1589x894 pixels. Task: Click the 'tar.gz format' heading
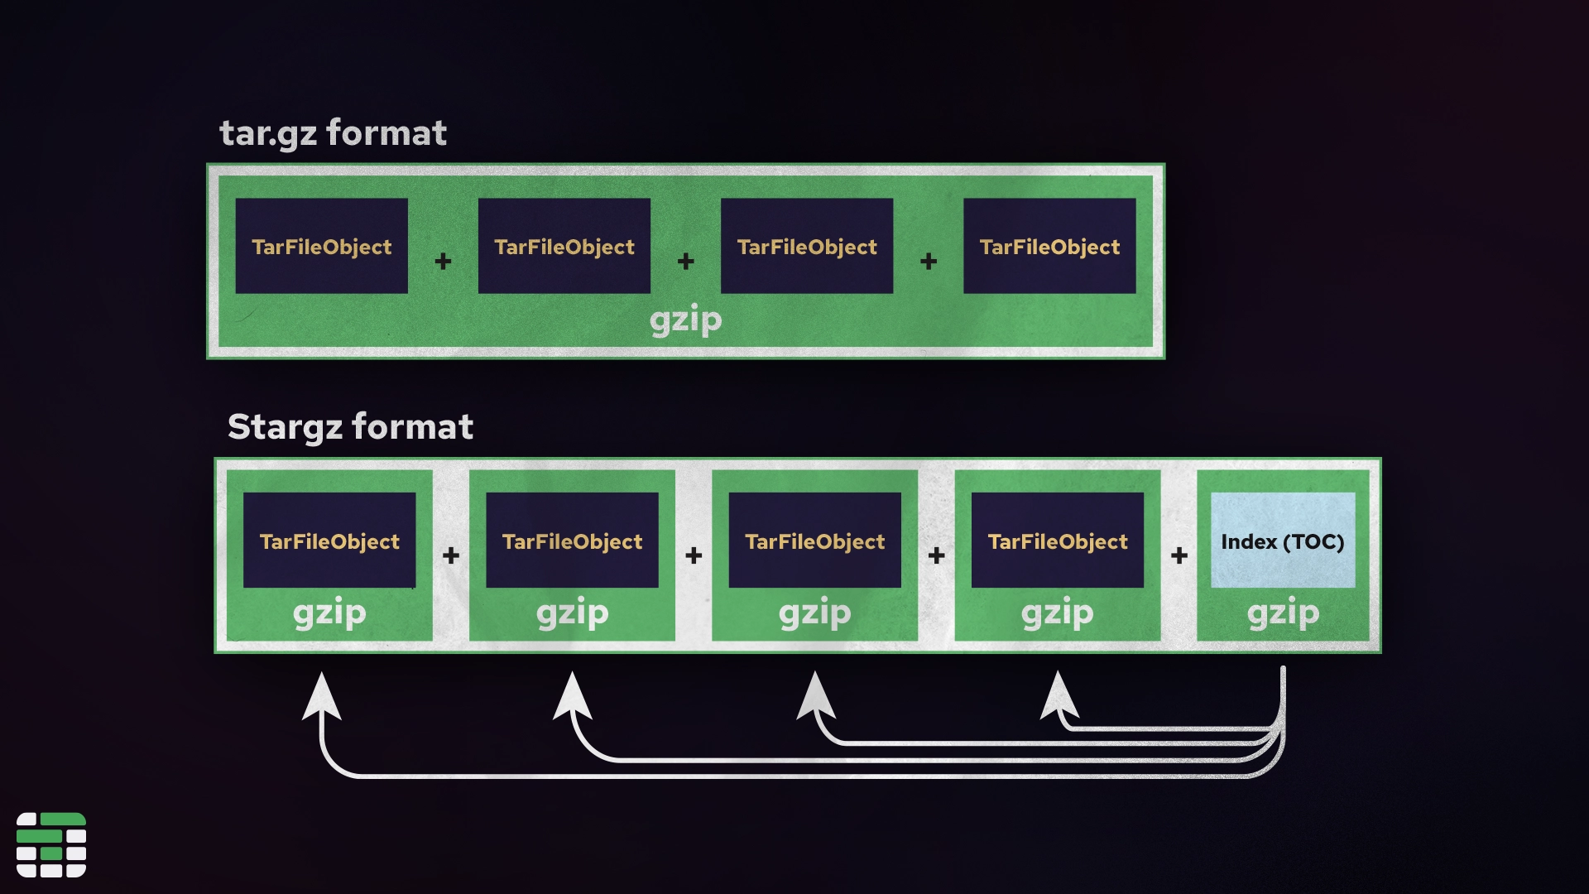coord(333,133)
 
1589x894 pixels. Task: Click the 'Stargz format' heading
coord(350,427)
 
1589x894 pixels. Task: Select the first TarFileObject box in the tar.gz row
coord(321,246)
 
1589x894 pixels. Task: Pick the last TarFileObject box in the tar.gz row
coord(1049,246)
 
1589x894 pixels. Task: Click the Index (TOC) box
coord(1283,541)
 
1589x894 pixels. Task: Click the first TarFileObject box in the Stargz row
coord(329,541)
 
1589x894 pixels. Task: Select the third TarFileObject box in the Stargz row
coord(814,541)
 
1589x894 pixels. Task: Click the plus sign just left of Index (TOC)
coord(1179,555)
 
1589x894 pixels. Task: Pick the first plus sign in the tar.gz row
coord(443,262)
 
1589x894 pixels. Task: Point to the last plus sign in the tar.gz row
coord(929,262)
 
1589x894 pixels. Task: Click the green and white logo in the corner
coord(51,844)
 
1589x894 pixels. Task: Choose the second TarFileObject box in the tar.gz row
coord(564,246)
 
